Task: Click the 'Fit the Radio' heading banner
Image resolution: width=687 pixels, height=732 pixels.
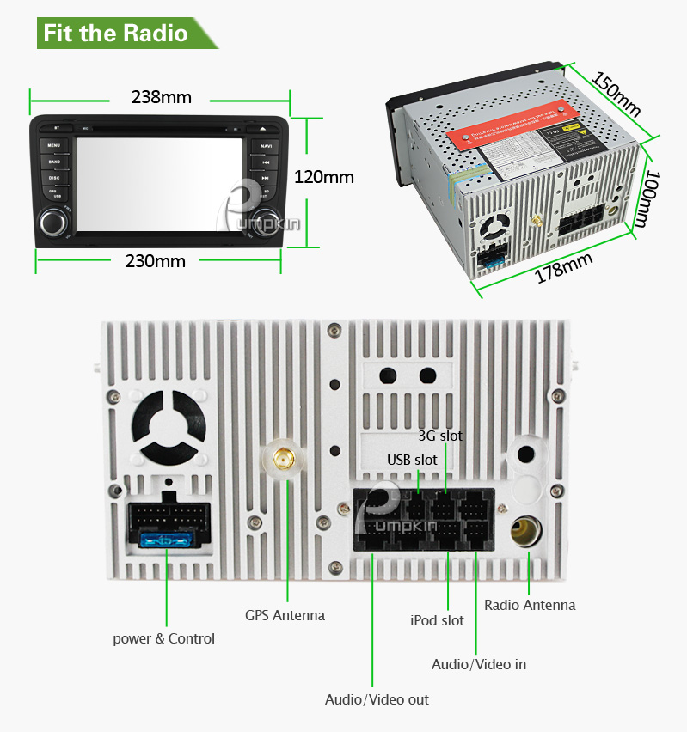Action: point(115,34)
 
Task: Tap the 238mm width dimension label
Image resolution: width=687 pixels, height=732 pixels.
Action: point(161,96)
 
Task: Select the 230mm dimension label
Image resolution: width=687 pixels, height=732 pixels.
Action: point(156,260)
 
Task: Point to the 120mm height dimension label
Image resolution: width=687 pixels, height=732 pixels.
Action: point(324,177)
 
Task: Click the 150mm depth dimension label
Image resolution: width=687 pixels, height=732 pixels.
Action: point(617,93)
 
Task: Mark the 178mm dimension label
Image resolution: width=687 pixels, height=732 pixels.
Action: point(564,268)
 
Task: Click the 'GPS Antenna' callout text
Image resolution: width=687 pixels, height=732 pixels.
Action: point(285,614)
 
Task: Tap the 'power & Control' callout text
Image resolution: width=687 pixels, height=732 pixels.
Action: point(164,638)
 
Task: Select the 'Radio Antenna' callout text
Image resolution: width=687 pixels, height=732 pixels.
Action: point(530,605)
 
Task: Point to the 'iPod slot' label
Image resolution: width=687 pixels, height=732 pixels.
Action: point(437,620)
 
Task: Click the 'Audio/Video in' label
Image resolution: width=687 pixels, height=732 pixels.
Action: point(478,664)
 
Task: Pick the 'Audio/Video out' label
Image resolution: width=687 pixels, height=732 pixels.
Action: point(377,699)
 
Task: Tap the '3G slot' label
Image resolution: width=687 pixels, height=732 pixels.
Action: point(440,436)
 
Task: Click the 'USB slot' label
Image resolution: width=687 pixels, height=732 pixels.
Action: point(412,460)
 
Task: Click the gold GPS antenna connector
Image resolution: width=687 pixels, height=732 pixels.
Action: point(280,459)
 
